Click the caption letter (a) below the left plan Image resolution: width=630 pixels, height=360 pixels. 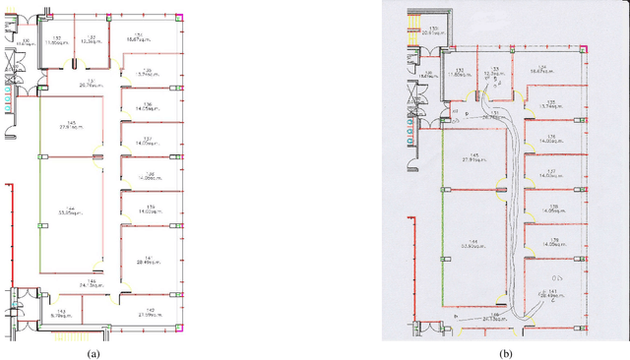(x=94, y=352)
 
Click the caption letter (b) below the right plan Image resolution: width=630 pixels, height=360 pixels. (x=505, y=352)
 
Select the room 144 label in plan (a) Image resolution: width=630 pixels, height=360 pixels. (x=68, y=210)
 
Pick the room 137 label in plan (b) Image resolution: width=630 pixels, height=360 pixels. (x=552, y=172)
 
